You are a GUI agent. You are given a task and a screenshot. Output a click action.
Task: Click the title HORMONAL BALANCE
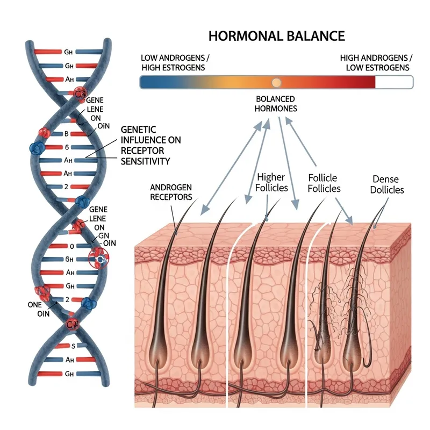pyautogui.click(x=276, y=36)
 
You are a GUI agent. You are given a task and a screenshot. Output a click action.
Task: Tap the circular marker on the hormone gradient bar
pyautogui.click(x=276, y=82)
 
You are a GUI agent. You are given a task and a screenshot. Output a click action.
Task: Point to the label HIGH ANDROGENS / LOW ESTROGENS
pyautogui.click(x=376, y=62)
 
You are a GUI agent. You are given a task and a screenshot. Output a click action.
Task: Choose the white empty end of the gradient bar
pyautogui.click(x=394, y=82)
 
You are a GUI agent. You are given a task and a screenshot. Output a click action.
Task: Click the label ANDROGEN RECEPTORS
pyautogui.click(x=171, y=192)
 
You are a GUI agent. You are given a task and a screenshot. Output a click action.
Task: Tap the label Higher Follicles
pyautogui.click(x=273, y=182)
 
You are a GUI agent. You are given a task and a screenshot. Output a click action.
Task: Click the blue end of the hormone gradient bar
pyautogui.click(x=148, y=82)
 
